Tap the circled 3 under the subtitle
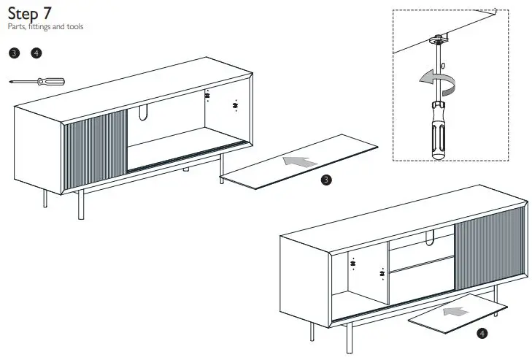point(14,53)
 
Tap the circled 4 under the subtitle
point(36,53)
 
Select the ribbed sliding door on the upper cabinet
point(96,146)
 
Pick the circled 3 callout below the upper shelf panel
point(327,180)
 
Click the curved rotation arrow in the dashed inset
point(433,80)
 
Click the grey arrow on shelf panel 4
point(457,312)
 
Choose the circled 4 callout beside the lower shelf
point(482,334)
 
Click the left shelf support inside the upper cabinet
point(207,96)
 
